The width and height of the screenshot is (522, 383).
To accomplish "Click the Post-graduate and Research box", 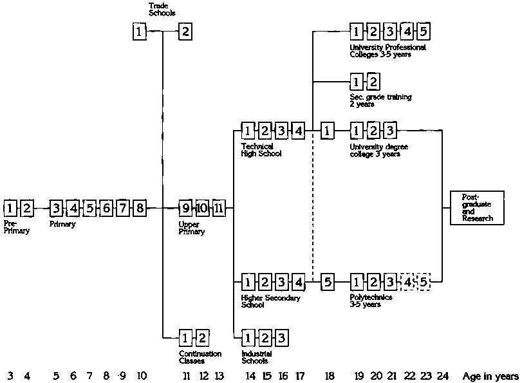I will click(477, 208).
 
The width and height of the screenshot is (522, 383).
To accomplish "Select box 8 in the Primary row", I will click(140, 208).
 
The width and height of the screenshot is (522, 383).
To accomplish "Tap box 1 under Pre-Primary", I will click(10, 208).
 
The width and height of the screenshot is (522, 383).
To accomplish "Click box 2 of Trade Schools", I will click(185, 31).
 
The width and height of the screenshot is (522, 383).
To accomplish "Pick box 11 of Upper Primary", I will click(218, 208).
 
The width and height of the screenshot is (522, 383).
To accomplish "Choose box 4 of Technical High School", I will click(298, 131).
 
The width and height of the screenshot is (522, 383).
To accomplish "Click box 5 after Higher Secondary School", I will click(327, 281).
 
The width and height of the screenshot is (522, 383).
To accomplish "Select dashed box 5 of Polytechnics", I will click(423, 281).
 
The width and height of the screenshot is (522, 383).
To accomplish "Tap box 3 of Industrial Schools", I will click(281, 337).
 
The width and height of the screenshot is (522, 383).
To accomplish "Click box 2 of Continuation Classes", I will click(201, 337).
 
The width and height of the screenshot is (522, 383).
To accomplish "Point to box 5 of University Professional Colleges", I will click(423, 31).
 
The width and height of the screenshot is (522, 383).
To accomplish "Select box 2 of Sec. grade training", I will click(373, 82).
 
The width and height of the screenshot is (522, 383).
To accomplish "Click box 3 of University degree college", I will click(389, 131).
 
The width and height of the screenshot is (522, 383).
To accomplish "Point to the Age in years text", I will click(490, 376).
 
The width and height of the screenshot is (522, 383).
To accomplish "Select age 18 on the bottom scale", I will click(329, 376).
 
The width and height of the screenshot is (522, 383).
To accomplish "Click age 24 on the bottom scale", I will click(442, 376).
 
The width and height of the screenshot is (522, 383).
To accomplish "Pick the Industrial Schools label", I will click(256, 357).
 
